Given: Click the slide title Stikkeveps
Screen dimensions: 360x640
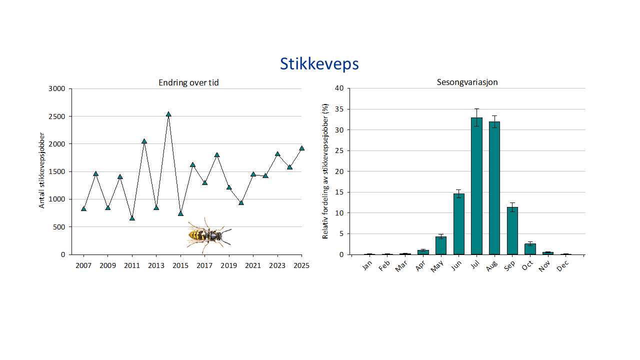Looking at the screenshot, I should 319,64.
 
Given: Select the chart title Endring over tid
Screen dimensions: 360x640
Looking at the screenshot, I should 188,82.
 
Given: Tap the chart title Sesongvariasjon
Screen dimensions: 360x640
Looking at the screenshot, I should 467,82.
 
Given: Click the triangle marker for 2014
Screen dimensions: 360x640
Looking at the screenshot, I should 168,114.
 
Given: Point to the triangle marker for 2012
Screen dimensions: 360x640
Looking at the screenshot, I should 144,141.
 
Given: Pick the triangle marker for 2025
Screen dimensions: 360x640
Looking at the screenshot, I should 301,148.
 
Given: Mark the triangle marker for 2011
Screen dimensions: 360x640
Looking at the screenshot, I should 132,218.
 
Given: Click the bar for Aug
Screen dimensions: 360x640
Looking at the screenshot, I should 494,188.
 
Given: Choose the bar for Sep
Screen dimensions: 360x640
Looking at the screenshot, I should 512,230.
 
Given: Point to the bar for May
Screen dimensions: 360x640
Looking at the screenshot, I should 441,245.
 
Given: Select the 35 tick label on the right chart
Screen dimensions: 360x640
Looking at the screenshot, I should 339,109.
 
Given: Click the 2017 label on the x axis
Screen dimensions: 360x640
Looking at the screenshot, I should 204,265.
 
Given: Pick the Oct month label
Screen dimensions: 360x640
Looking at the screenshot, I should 528,266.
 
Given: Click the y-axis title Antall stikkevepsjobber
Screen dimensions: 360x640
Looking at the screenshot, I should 42,170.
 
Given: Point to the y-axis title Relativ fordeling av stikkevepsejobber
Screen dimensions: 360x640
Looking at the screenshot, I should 325,171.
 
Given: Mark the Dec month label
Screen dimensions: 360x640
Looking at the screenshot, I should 563,266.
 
